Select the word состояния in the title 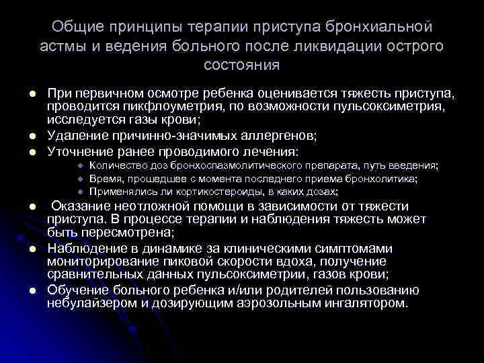pyautogui.click(x=242, y=66)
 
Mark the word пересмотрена pyautogui.click(x=123, y=233)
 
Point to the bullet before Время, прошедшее pyautogui.click(x=79, y=179)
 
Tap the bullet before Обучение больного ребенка pyautogui.click(x=31, y=291)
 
